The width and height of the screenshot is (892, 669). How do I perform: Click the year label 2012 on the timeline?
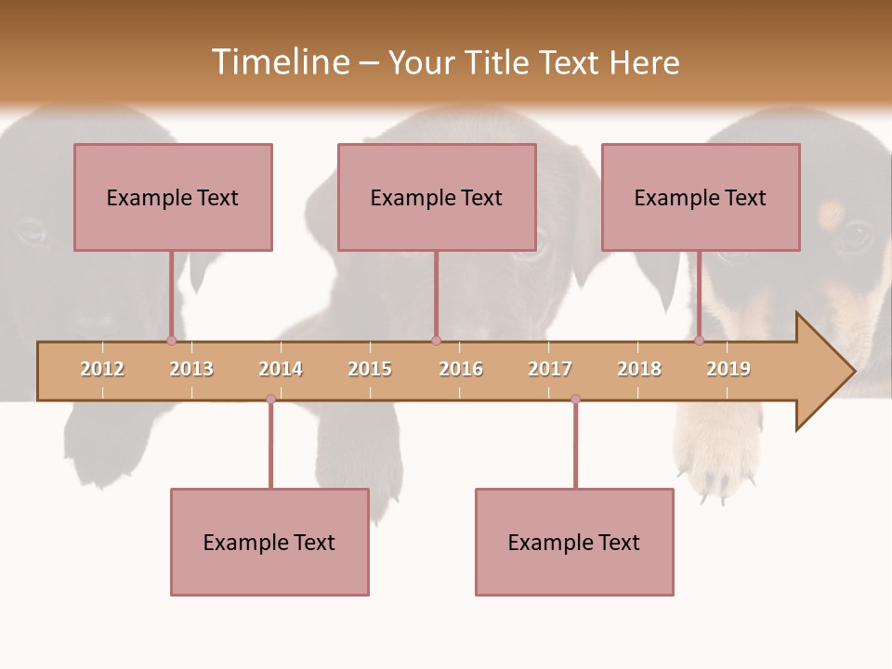point(102,369)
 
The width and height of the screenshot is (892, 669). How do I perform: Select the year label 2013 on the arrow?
point(191,369)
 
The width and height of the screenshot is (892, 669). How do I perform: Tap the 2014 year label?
point(281,369)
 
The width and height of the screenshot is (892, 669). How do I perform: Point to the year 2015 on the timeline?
point(370,369)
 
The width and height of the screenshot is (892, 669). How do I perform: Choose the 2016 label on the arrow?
point(461,369)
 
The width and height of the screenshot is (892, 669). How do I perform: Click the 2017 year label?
point(550,369)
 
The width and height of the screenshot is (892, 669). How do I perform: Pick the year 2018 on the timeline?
point(639,369)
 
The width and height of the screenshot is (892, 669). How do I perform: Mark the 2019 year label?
point(728,369)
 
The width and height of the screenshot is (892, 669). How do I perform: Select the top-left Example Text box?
point(173,197)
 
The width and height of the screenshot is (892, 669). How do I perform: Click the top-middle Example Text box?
point(437,197)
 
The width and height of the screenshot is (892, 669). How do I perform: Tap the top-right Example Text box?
point(701,197)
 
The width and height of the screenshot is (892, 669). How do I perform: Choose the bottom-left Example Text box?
point(269,542)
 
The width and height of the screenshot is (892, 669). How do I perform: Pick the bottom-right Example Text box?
point(574,542)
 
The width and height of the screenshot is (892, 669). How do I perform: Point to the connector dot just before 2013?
point(171,340)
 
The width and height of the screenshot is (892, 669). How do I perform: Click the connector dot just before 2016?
point(436,340)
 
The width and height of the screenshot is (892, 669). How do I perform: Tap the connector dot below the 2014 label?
point(270,399)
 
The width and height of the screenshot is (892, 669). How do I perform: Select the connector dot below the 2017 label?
point(575,399)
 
